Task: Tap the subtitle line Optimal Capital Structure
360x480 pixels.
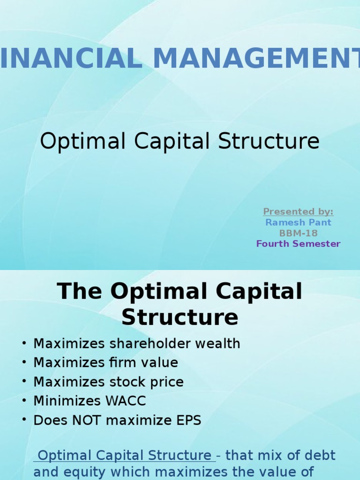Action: click(x=180, y=141)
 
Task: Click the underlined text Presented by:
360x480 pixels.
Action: click(x=298, y=212)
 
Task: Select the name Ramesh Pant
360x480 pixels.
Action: click(x=298, y=222)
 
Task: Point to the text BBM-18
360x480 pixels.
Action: click(x=298, y=233)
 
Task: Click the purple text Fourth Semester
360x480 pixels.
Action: click(x=298, y=244)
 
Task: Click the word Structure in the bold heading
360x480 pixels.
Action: click(x=180, y=317)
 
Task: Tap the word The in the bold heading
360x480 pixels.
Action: click(x=79, y=292)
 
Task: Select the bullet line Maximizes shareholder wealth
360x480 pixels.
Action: click(x=136, y=344)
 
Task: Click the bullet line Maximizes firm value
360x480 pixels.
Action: click(x=105, y=363)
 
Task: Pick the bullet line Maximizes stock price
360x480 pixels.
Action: click(x=108, y=382)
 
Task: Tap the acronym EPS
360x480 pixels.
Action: click(x=188, y=420)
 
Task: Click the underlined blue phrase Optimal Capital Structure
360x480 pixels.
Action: click(x=124, y=455)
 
